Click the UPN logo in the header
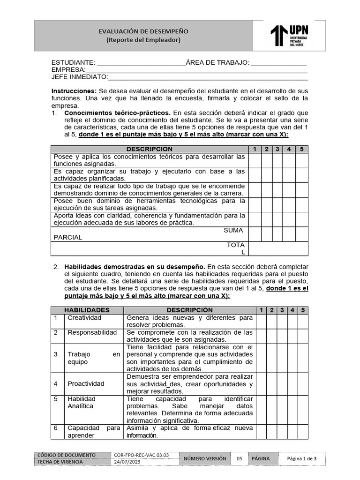[x=289, y=36]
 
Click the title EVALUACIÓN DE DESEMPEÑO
[x=143, y=31]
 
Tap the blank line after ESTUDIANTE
[x=141, y=63]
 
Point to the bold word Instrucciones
[x=74, y=90]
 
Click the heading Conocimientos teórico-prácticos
[x=118, y=113]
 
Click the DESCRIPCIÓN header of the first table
[x=149, y=149]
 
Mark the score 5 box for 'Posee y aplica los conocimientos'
[x=302, y=160]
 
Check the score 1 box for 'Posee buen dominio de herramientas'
[x=255, y=204]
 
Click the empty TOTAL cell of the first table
[x=278, y=248]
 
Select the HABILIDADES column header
[x=87, y=310]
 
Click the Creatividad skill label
[x=84, y=318]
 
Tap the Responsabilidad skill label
[x=92, y=332]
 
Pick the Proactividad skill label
[x=86, y=383]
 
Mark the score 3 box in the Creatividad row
[x=282, y=321]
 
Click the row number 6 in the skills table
[x=55, y=428]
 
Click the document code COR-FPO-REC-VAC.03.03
[x=141, y=455]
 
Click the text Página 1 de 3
[x=302, y=458]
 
